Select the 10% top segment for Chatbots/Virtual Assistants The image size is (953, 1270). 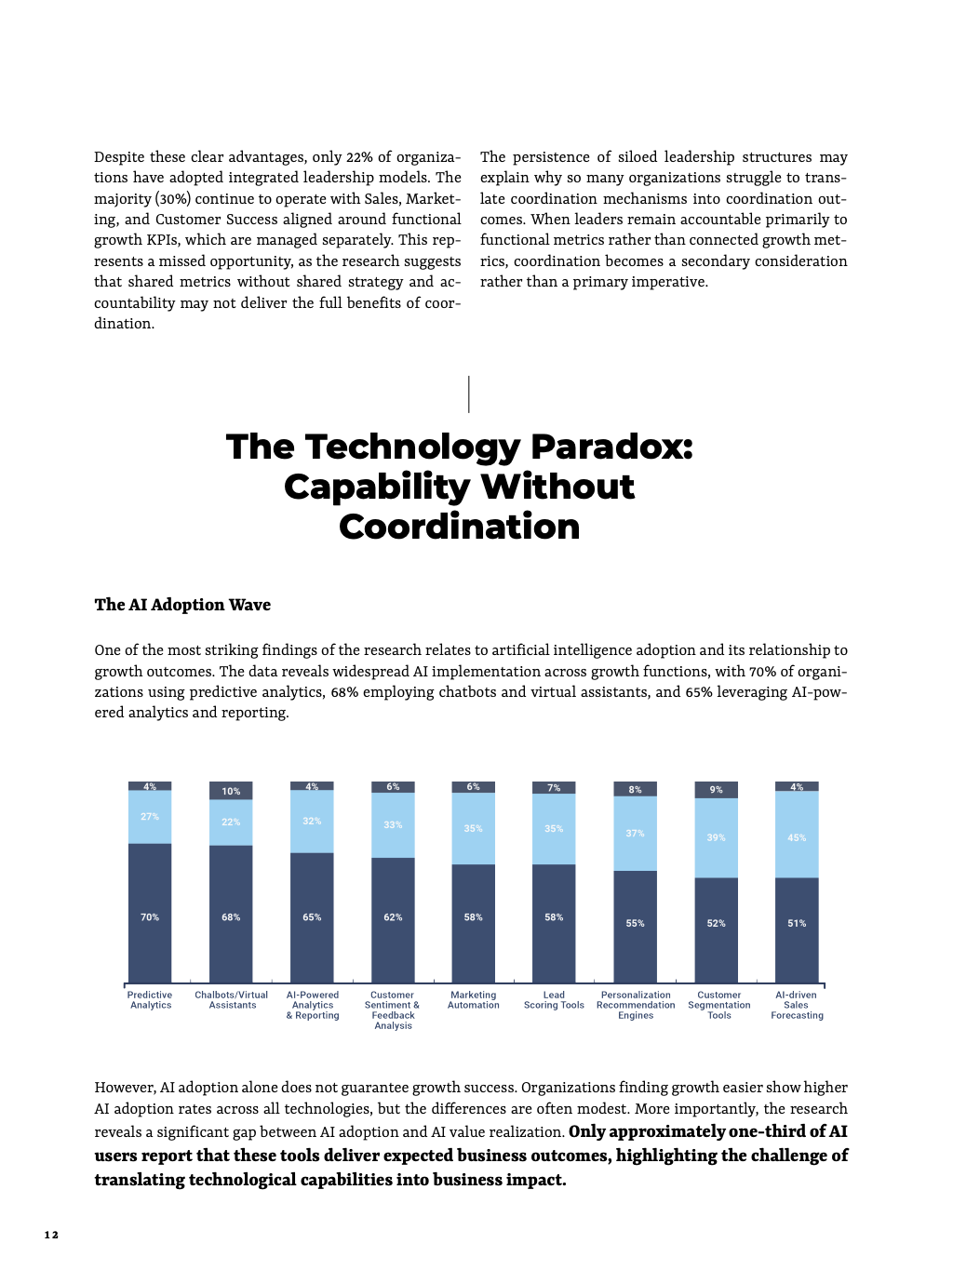coord(231,790)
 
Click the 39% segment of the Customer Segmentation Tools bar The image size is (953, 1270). coord(716,837)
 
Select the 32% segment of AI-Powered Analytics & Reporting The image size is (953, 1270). coord(312,822)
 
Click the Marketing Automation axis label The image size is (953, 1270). coord(473,1000)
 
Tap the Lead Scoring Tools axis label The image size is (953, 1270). coord(554,1000)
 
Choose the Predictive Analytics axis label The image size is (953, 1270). coord(150,1000)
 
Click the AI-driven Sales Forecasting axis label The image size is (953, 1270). coord(797,1005)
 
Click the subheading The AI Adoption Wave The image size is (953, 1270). coord(182,605)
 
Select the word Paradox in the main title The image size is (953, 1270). coord(611,448)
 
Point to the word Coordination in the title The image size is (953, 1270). coord(459,528)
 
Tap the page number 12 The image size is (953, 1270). coord(51,1235)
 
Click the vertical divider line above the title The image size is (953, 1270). coord(469,394)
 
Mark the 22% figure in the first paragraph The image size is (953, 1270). coord(359,157)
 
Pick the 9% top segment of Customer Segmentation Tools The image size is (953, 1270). coord(716,789)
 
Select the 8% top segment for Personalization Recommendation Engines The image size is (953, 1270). coord(635,789)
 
